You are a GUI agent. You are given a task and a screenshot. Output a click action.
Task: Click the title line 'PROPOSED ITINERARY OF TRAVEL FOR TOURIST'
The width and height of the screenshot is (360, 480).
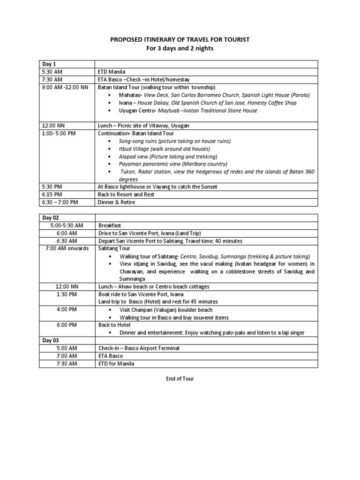(180, 40)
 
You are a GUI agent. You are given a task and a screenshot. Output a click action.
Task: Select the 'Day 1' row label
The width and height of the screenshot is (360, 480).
(50, 64)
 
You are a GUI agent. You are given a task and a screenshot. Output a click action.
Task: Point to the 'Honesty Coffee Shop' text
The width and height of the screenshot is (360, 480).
(274, 103)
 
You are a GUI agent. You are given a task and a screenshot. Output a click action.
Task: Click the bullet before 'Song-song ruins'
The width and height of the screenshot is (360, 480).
(109, 141)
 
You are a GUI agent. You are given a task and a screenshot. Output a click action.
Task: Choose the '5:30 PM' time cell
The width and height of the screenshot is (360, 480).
(52, 187)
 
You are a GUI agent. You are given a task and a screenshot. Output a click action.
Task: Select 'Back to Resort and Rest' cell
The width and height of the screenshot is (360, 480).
(126, 194)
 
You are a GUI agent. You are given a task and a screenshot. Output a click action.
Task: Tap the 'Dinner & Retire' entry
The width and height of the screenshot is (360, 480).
(116, 202)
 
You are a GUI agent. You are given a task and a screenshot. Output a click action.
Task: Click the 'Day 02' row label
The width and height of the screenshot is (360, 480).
(52, 218)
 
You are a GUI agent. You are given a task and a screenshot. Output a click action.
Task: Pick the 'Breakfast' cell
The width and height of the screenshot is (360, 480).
(111, 225)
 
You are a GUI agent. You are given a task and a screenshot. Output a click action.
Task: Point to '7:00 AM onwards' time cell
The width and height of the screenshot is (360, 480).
(67, 248)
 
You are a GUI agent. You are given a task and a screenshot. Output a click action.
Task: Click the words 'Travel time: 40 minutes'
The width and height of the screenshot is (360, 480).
(214, 241)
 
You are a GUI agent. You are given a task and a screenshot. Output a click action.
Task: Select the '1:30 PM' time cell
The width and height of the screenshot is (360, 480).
(67, 294)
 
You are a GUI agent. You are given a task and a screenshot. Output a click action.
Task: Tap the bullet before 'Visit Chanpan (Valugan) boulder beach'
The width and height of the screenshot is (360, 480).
(109, 310)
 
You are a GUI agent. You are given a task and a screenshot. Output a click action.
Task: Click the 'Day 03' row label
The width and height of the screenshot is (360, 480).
(52, 340)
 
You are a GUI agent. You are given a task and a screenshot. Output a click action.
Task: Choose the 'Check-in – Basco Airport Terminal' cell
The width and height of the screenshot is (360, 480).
(139, 348)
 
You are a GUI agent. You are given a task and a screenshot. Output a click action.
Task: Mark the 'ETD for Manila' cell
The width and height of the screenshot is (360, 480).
(116, 363)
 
